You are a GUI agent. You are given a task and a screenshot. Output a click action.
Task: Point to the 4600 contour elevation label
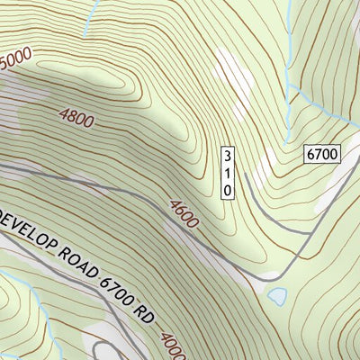(x=184, y=213)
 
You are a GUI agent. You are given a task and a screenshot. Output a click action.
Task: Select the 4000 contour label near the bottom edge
(x=174, y=348)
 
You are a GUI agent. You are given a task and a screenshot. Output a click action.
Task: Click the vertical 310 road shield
(x=228, y=172)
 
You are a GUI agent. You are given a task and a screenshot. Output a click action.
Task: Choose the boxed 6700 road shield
(x=321, y=154)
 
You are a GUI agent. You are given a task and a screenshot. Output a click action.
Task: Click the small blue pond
(x=277, y=295)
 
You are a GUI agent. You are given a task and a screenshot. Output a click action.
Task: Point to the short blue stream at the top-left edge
(x=88, y=20)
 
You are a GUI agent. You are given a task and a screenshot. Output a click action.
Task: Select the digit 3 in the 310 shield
(x=228, y=156)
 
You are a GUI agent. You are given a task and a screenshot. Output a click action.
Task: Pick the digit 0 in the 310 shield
(x=228, y=189)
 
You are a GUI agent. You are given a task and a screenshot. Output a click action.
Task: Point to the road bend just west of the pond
(x=256, y=286)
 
